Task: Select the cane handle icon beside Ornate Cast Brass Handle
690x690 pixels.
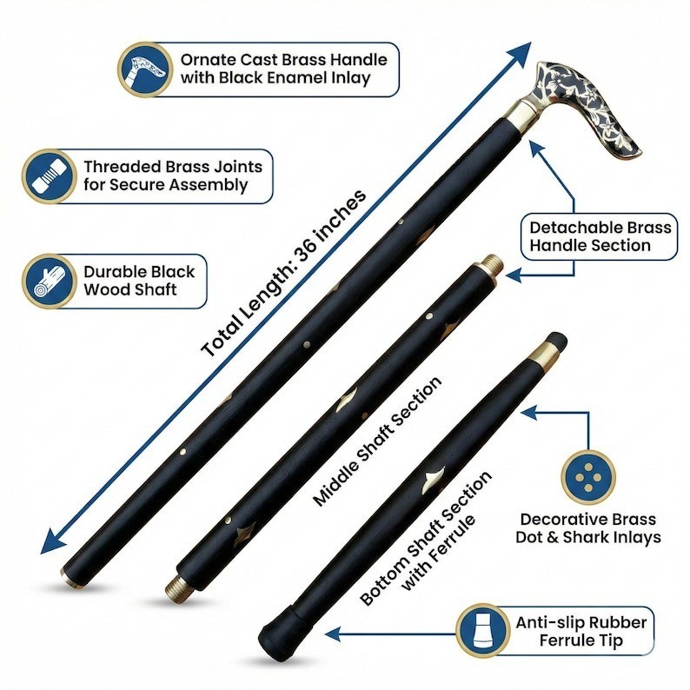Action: pyautogui.click(x=145, y=70)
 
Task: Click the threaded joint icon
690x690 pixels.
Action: pyautogui.click(x=50, y=176)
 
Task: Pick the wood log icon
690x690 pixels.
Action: pyautogui.click(x=50, y=282)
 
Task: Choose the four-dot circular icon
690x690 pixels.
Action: pyautogui.click(x=588, y=477)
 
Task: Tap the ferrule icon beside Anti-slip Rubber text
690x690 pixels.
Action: pyautogui.click(x=483, y=631)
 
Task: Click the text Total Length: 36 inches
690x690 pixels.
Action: pyautogui.click(x=284, y=273)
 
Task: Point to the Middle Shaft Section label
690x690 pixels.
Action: pyautogui.click(x=377, y=441)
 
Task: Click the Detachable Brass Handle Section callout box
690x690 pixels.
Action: pyautogui.click(x=600, y=236)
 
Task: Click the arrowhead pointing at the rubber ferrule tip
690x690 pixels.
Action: pyautogui.click(x=333, y=634)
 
